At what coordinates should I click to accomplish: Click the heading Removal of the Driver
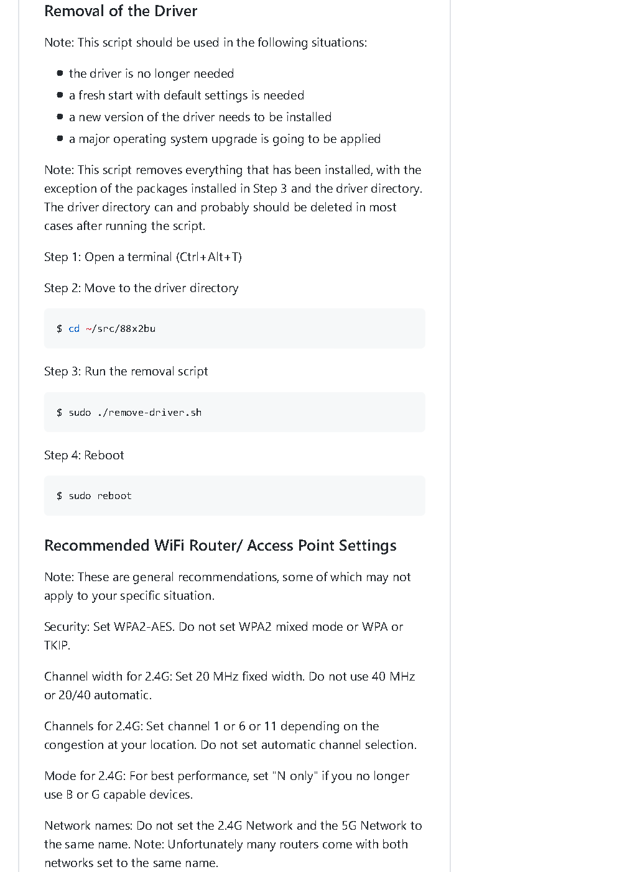click(x=121, y=11)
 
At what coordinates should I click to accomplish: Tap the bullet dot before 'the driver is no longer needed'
click(x=60, y=73)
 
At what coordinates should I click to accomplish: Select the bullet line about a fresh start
click(x=186, y=95)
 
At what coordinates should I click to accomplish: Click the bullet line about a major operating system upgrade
click(x=225, y=139)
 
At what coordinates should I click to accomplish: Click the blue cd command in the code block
click(x=74, y=329)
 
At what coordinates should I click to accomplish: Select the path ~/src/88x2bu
click(x=121, y=329)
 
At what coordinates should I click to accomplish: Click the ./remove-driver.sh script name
click(x=149, y=413)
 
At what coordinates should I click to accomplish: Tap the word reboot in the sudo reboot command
click(x=114, y=496)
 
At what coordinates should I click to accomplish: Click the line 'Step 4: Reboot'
click(x=84, y=455)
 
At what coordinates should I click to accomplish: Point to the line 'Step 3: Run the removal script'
click(x=126, y=371)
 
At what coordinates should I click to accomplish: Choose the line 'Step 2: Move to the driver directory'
click(x=141, y=288)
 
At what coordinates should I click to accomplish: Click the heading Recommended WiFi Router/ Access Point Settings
click(x=220, y=545)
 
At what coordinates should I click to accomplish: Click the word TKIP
click(x=56, y=645)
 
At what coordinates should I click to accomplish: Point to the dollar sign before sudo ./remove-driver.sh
click(x=59, y=413)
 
